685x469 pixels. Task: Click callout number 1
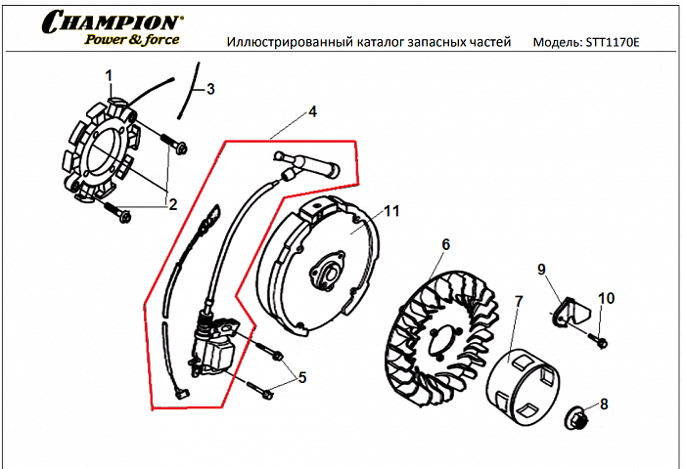click(110, 75)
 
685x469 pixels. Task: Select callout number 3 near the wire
click(208, 89)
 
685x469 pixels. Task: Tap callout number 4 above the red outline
click(312, 111)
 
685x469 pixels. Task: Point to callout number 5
click(302, 376)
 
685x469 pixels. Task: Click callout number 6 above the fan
click(445, 244)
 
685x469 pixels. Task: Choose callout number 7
click(519, 302)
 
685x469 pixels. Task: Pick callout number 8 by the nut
click(603, 403)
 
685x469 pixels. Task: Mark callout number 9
click(540, 269)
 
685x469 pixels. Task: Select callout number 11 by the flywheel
click(391, 211)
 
